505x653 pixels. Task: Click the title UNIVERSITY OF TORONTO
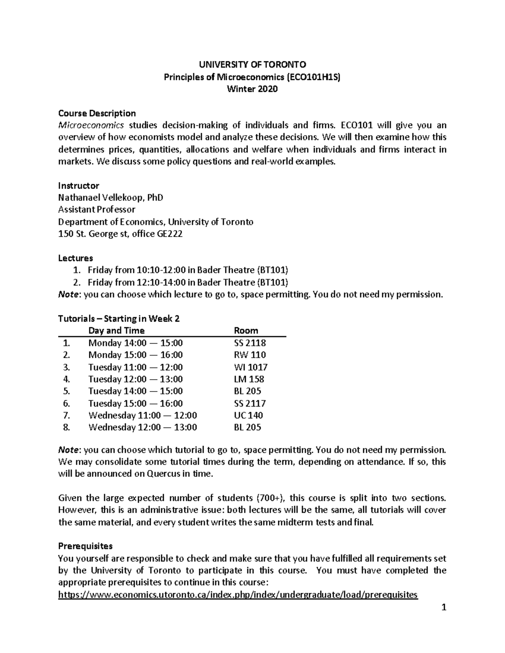click(252, 64)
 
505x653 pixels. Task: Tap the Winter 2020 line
click(252, 89)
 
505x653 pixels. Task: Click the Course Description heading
click(97, 113)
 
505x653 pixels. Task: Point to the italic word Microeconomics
click(91, 125)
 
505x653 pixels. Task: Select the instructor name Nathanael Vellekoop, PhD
click(110, 198)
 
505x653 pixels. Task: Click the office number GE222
click(169, 234)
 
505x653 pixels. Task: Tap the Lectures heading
click(75, 258)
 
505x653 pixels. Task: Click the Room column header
click(246, 330)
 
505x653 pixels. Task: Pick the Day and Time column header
click(116, 330)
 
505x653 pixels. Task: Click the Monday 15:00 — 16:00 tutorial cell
click(136, 355)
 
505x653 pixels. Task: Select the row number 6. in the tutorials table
click(66, 404)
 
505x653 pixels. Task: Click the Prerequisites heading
click(85, 546)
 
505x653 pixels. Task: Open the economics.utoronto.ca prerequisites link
click(238, 595)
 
